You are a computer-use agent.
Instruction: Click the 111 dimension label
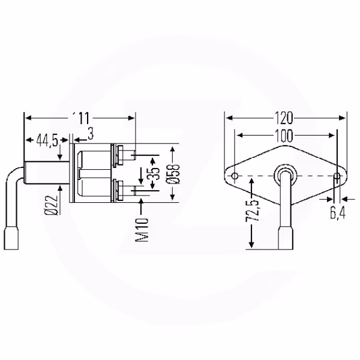click(80, 118)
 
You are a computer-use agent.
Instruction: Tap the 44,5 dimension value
click(47, 140)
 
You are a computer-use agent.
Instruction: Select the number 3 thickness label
click(91, 134)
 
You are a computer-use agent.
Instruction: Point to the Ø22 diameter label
click(51, 205)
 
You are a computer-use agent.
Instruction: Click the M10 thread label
click(142, 230)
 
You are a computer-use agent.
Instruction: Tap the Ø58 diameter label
click(173, 174)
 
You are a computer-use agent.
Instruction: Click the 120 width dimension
click(284, 118)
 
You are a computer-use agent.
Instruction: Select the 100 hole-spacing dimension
click(284, 136)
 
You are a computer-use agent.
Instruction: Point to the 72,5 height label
click(252, 211)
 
